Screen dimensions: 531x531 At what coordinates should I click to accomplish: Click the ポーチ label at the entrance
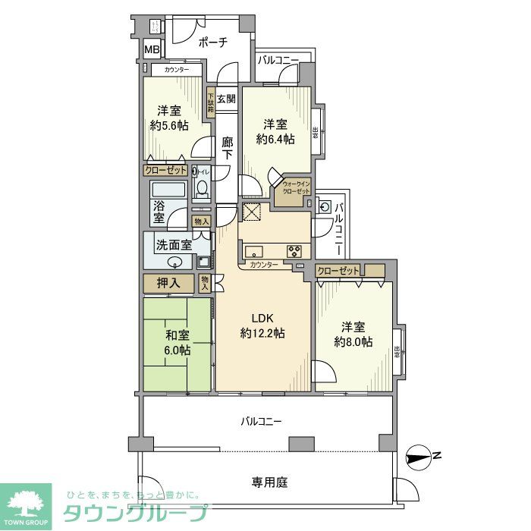pos(212,42)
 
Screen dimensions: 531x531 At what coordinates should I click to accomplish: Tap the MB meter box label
pos(152,51)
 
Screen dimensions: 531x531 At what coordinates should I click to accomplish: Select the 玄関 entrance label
pos(226,99)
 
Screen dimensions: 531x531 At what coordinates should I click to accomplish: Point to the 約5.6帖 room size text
pos(169,126)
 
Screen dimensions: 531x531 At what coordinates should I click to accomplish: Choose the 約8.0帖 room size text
pos(353,342)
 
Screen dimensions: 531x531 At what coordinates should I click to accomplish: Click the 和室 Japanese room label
pos(178,335)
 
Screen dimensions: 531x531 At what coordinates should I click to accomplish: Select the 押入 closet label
pos(168,284)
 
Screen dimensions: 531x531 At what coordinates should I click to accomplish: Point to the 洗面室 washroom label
pos(172,244)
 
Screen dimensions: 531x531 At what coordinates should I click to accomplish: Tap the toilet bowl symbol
pos(202,187)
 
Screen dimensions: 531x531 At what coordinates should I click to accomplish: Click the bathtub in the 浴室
pos(169,190)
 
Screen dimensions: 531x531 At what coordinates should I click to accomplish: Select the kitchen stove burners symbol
pos(294,252)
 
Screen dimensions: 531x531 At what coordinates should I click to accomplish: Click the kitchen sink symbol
pos(253,252)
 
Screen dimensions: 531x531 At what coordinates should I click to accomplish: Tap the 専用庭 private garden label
pos(269,482)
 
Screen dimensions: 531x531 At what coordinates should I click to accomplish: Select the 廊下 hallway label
pos(227,147)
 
